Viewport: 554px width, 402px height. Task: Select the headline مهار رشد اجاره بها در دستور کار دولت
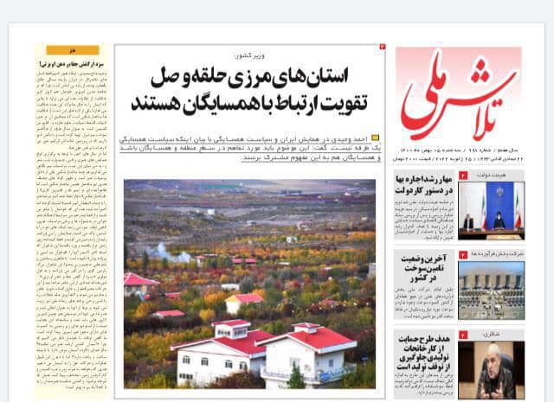[x=424, y=183]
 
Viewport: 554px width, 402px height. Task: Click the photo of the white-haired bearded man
[x=492, y=369]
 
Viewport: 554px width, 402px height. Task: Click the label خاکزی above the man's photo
[x=511, y=333]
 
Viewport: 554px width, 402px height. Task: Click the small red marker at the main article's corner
[x=382, y=47]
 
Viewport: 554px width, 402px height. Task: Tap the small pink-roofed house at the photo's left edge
[x=138, y=282]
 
